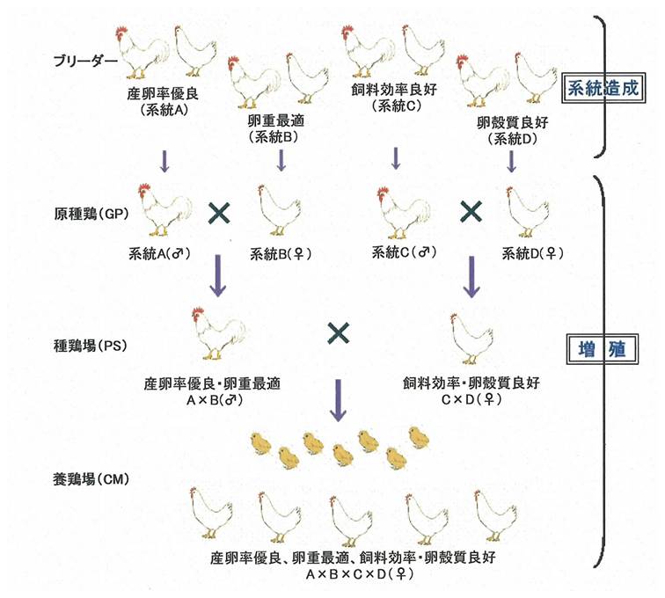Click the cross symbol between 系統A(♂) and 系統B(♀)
(x=219, y=212)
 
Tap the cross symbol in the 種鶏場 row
(x=339, y=333)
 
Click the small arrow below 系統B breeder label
(x=281, y=160)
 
